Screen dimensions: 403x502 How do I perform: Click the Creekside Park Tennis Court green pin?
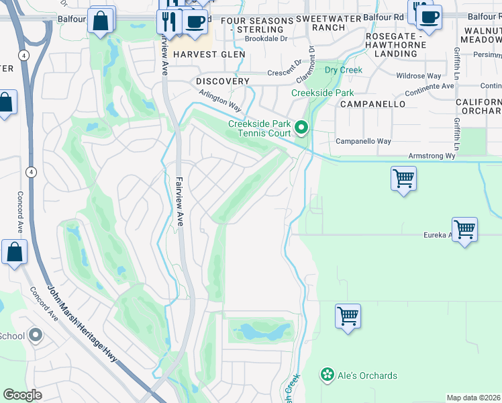[302, 127]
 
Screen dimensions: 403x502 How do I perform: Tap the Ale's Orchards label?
[367, 375]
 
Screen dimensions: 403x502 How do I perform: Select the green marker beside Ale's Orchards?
[328, 375]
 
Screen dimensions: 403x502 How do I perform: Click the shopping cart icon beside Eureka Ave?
[464, 230]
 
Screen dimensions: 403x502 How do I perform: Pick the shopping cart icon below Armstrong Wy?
[403, 179]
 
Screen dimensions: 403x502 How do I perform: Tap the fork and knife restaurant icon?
[168, 21]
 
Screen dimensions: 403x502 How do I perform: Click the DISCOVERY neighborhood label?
[223, 81]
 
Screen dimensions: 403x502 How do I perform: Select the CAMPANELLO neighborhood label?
[372, 104]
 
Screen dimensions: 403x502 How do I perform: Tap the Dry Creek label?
[343, 70]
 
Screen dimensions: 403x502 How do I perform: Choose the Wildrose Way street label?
[420, 76]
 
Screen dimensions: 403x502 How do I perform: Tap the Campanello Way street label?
[363, 142]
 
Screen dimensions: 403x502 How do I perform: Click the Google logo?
[23, 395]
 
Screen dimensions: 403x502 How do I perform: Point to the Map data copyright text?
[473, 398]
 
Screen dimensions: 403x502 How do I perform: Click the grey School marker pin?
[36, 334]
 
